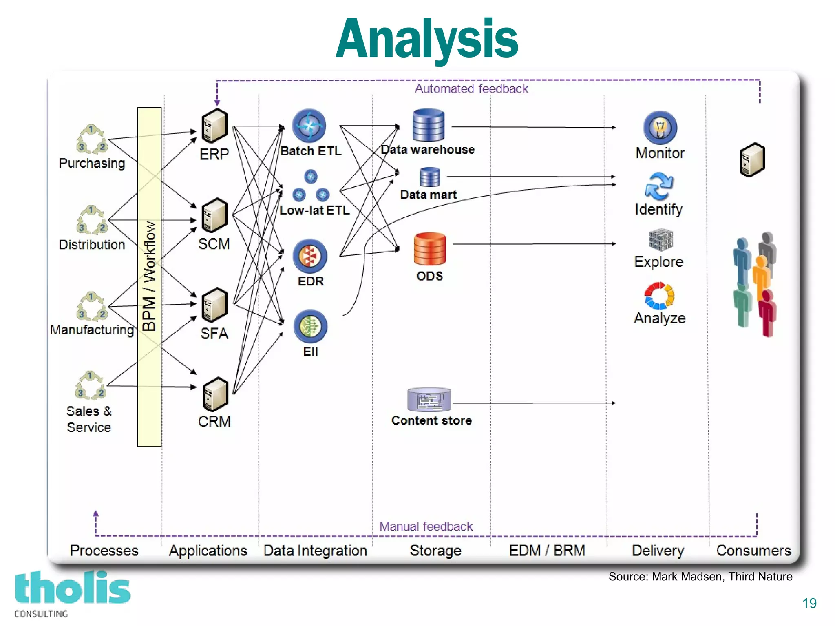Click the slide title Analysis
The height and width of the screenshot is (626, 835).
coord(426,39)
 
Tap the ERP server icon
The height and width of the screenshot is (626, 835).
coord(214,126)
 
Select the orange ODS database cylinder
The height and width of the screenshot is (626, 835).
coord(429,249)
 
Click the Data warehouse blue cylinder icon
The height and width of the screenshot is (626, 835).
coord(428,125)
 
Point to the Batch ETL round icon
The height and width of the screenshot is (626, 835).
coord(309,126)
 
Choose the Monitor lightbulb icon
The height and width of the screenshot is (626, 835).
coord(660,128)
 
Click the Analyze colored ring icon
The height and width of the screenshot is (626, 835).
coord(659,296)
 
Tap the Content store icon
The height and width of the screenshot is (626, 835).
coord(429,399)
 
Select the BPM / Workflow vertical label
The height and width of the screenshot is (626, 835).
coord(149,277)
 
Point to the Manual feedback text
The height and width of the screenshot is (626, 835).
coord(426,526)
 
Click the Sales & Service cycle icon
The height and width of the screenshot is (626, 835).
coord(90,385)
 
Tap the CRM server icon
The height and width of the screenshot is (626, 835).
coord(215,394)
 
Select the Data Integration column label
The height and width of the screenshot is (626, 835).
coord(315,551)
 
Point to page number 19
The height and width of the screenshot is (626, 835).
coord(809,603)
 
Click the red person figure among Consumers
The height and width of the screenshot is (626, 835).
coord(767,313)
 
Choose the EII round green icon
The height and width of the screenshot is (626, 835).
coord(310,326)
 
